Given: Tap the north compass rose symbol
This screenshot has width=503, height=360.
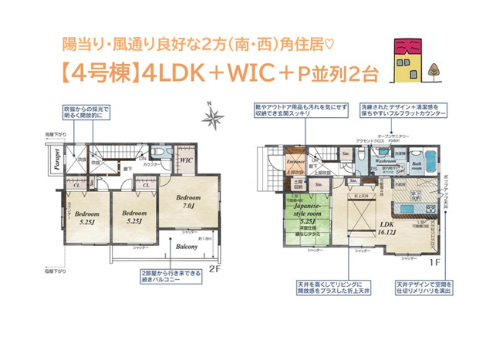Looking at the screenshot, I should pos(211,117).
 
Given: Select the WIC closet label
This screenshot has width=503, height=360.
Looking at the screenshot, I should pos(185,160).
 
